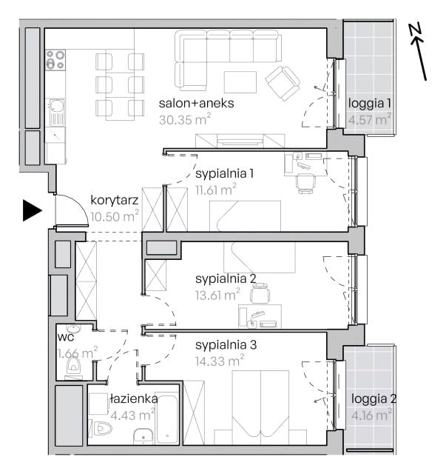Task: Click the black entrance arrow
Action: pos(32,210)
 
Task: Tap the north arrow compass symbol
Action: pos(418,51)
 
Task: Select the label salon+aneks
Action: pos(196,103)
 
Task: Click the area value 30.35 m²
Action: pos(185,119)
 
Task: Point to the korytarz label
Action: pos(115,200)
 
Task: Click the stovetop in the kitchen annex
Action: pos(55,59)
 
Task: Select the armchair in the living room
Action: pos(283,84)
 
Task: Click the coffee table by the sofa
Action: pos(240,82)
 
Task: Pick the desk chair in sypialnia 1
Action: pos(305,183)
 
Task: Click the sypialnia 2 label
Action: pos(226,278)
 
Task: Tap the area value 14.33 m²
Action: pos(220,361)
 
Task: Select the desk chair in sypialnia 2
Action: pos(260,293)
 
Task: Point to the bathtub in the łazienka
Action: pos(167,418)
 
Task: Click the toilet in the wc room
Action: pos(73,364)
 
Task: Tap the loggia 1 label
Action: pos(370,104)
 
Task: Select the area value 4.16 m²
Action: pos(372,415)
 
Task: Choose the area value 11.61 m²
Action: pos(215,190)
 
